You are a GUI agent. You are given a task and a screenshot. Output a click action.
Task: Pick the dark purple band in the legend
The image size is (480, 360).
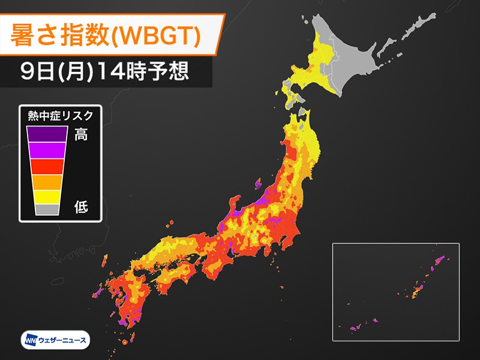[x=46, y=134]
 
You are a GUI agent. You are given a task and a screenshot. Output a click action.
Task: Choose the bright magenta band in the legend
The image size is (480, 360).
[x=46, y=149]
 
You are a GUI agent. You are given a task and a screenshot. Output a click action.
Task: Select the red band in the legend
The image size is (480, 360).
[x=46, y=166]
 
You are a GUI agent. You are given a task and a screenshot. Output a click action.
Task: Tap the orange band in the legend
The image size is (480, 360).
[x=46, y=181]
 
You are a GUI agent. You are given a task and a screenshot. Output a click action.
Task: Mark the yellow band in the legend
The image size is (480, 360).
[x=46, y=196]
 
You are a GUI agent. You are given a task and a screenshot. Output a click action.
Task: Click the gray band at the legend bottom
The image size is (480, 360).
[x=46, y=209]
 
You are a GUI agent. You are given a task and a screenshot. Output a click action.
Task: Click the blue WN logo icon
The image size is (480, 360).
[x=31, y=340]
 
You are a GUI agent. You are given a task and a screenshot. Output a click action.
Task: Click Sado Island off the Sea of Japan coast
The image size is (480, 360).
[x=259, y=182]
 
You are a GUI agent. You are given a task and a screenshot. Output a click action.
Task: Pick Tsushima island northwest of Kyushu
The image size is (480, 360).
[x=106, y=261]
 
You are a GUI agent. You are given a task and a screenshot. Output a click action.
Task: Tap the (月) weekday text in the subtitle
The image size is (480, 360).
[x=71, y=72]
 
